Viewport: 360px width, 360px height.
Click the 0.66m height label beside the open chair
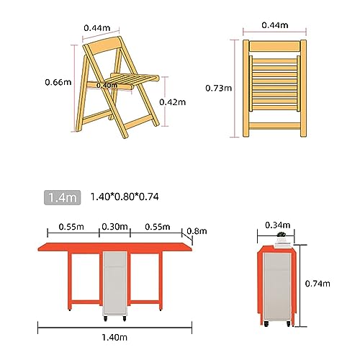58,82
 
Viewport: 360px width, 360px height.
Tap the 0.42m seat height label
173,102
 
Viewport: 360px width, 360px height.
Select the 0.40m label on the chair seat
107,85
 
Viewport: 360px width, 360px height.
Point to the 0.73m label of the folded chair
219,89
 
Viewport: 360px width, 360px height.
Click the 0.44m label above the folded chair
275,25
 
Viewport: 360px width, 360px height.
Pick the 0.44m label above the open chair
97,28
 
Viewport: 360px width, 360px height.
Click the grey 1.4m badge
62,197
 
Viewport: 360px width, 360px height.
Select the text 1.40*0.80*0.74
125,197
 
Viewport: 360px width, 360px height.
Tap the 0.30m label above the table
114,227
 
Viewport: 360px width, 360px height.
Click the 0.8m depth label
197,231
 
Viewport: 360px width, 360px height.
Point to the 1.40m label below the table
114,338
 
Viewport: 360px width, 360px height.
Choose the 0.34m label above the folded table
278,225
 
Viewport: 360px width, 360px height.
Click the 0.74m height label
318,284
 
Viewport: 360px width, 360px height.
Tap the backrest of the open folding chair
104,46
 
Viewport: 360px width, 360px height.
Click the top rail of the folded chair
274,46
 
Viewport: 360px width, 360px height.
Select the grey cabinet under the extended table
115,284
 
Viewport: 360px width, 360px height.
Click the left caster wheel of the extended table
105,319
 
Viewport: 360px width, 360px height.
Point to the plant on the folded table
281,234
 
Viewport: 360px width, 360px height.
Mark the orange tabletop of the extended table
115,247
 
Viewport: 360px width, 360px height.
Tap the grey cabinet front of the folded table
277,287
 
